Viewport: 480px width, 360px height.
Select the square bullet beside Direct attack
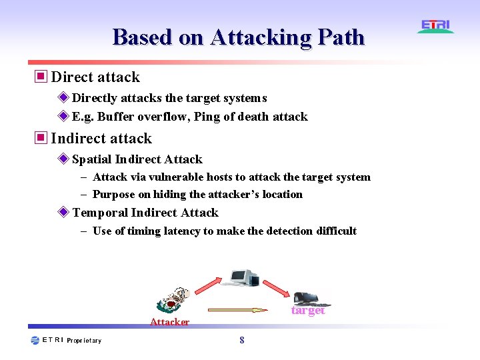coord(41,77)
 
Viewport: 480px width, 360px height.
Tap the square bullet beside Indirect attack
coord(41,138)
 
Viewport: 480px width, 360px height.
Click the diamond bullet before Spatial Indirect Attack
coord(63,159)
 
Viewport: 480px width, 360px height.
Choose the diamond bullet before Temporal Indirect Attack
coord(63,212)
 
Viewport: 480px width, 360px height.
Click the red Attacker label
coord(169,322)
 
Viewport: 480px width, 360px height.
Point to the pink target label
coord(308,310)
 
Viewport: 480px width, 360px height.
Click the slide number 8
coord(241,340)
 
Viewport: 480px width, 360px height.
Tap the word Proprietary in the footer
coord(84,341)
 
